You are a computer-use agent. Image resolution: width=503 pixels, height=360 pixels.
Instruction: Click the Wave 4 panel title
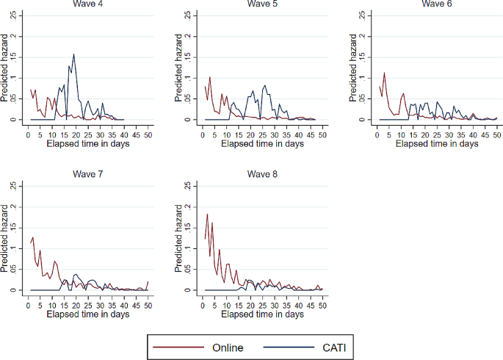click(87, 4)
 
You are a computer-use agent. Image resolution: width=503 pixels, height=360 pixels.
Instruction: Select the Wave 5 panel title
click(263, 4)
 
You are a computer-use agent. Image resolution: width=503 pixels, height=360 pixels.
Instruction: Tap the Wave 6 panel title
click(437, 4)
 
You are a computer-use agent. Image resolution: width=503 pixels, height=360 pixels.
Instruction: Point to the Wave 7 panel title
click(87, 175)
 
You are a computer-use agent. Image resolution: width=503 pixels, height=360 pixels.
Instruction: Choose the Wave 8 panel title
click(263, 175)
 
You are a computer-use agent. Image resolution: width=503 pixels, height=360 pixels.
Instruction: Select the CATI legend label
click(333, 347)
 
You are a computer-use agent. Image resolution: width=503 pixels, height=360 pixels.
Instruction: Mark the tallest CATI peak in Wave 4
click(74, 54)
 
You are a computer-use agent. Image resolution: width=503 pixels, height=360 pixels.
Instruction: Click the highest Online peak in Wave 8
click(208, 215)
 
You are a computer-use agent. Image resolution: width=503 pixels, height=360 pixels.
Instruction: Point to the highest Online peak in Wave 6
click(384, 73)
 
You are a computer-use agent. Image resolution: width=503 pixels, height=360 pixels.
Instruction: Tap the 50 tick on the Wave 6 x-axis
click(497, 134)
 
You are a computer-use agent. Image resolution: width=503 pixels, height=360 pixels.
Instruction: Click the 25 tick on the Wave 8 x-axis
click(263, 304)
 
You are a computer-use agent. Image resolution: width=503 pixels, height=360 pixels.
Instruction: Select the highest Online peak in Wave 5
click(210, 77)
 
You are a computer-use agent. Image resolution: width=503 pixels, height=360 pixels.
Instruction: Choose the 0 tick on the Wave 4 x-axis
click(28, 134)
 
